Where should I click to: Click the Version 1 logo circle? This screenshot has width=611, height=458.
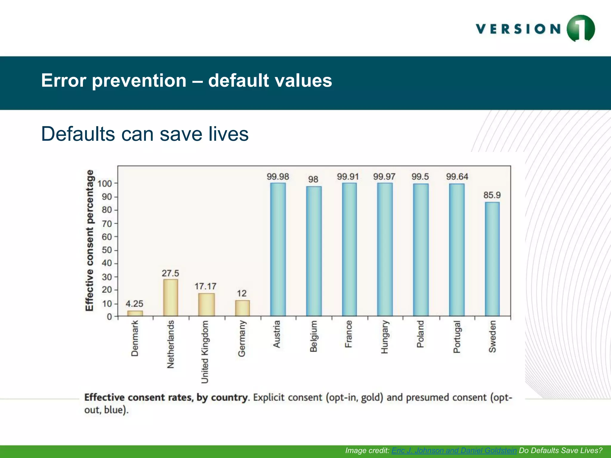581,29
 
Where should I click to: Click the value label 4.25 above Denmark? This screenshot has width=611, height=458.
134,304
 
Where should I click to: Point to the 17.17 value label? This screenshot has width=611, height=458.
206,286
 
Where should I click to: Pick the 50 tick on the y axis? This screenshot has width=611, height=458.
107,250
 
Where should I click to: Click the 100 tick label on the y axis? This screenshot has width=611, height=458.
105,183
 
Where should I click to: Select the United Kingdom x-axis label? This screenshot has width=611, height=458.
205,352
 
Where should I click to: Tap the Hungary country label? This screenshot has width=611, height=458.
385,337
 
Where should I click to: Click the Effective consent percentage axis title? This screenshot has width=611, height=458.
90,240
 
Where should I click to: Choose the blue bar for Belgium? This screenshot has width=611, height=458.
314,251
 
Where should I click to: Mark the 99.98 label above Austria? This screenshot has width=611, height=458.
278,177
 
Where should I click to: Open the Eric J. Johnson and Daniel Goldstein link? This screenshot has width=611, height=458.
454,450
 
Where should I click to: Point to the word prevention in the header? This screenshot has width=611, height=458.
139,81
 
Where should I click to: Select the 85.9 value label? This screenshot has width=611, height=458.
492,195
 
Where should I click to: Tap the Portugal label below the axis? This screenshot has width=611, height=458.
457,337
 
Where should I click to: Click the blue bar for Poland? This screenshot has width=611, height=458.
421,250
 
